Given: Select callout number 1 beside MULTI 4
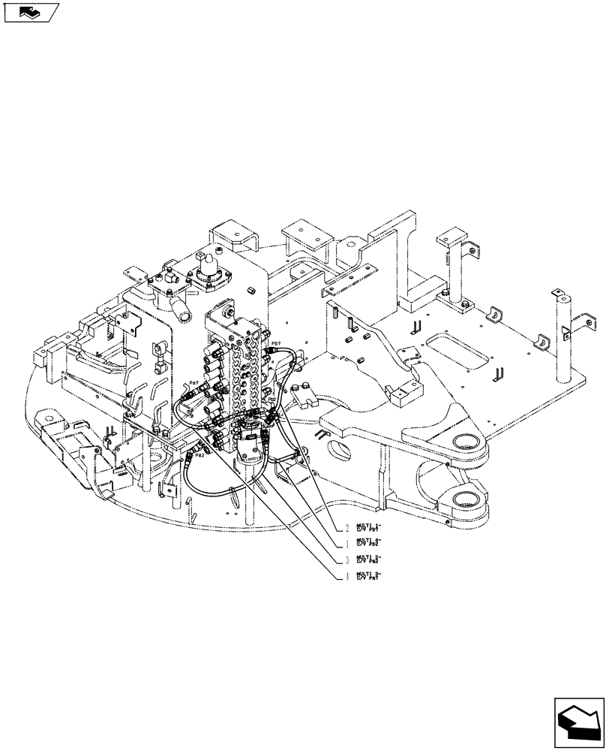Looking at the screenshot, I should (x=346, y=543).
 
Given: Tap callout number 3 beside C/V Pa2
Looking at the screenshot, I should (x=346, y=560).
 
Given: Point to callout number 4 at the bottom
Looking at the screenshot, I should (x=346, y=578).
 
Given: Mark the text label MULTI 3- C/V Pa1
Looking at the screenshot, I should (x=368, y=576).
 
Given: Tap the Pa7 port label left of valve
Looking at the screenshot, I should (x=194, y=383).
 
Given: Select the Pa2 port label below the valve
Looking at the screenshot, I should (x=200, y=454).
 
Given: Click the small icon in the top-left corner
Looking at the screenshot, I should (x=31, y=12).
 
